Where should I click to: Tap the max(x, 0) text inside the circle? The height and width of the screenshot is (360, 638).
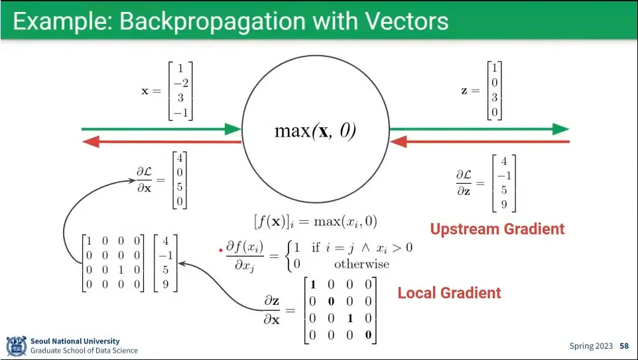pos(315,131)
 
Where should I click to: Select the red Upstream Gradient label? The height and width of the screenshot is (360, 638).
pos(497,229)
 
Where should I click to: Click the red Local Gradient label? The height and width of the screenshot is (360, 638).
pos(449,292)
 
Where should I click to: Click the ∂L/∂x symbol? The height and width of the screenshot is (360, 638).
pos(144,180)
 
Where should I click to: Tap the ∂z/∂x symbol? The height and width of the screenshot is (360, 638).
pos(271,310)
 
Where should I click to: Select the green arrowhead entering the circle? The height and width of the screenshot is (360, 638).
pos(233,129)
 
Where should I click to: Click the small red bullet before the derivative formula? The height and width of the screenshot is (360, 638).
pos(221,251)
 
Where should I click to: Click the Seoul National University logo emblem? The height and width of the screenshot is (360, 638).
pos(16,345)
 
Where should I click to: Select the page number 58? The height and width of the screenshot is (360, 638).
pos(624,346)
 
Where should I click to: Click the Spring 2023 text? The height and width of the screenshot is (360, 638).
pos(592,346)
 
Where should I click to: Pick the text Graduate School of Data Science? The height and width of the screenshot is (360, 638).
pos(84,351)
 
